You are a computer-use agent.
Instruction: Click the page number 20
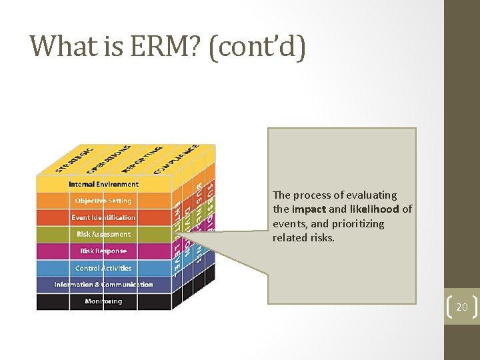coord(462,307)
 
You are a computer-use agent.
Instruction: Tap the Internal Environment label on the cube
coord(103,184)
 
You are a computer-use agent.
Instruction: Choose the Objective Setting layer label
coord(103,201)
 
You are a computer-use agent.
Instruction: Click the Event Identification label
coord(103,217)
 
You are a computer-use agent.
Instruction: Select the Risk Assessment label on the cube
coord(103,234)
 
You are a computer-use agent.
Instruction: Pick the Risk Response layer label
coord(103,251)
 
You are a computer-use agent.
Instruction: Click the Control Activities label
coord(103,268)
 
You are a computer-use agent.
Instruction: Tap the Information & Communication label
coord(103,285)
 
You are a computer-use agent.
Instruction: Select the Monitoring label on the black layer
coord(103,301)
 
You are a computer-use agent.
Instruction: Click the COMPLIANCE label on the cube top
coord(177,159)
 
